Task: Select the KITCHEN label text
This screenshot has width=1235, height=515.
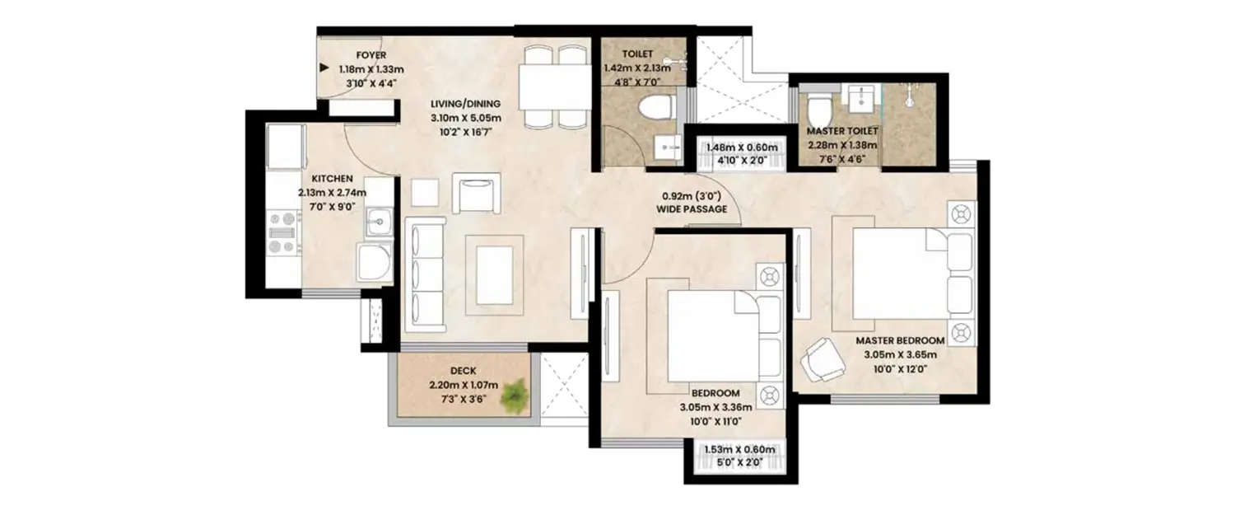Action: tap(332, 178)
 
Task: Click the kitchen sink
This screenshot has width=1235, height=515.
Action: tap(379, 221)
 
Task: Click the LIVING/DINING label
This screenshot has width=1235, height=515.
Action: tap(465, 104)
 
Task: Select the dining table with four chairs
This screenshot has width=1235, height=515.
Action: tap(554, 86)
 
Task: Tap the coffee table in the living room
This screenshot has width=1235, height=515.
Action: tap(494, 274)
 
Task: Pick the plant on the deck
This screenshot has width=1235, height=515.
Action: tap(515, 394)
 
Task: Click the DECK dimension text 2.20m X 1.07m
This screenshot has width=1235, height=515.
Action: tap(464, 385)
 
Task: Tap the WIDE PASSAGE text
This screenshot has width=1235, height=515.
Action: tap(692, 210)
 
